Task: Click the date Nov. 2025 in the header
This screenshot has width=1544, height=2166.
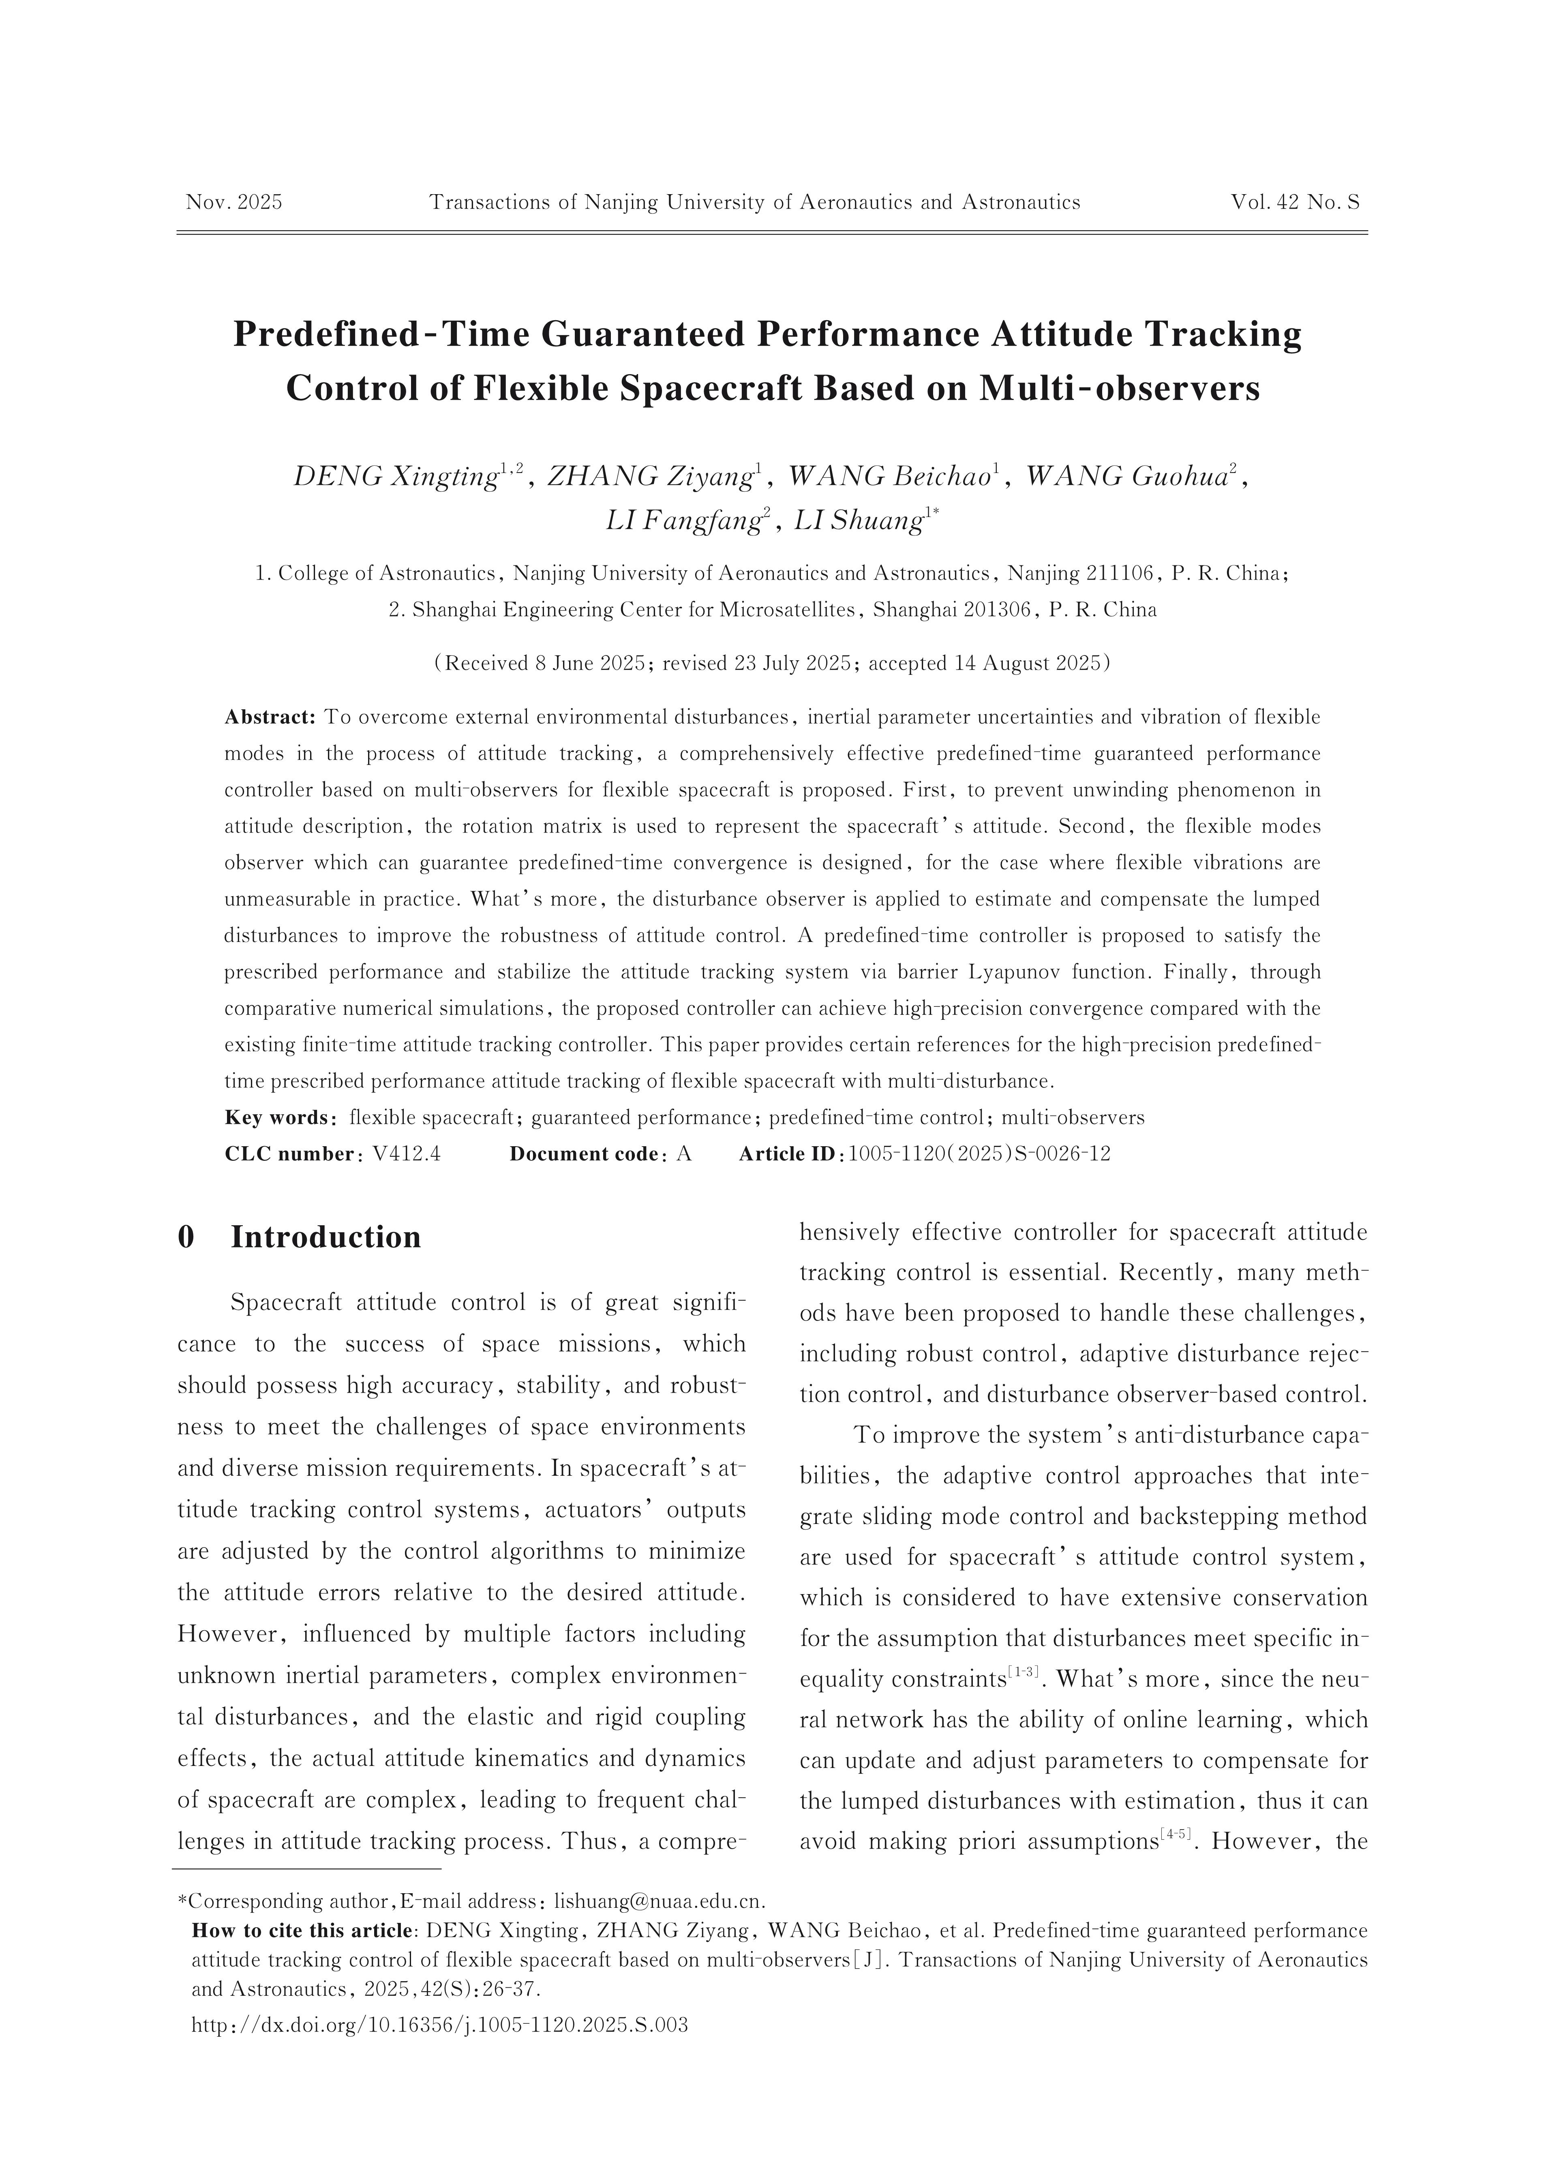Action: tap(234, 202)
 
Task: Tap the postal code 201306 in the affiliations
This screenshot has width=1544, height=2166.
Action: tap(997, 610)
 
